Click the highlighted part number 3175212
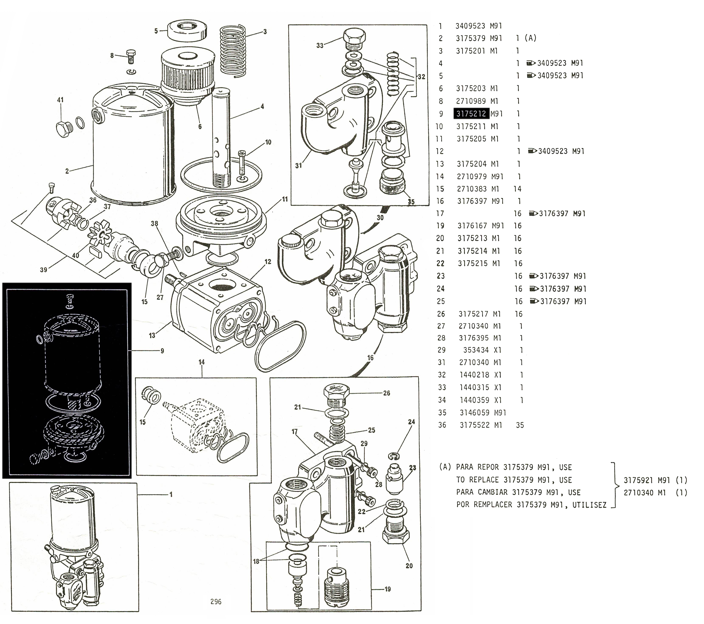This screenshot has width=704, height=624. point(471,114)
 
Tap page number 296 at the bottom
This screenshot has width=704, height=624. point(216,602)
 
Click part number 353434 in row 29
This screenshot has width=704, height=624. point(476,350)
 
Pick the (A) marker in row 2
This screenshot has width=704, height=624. point(531,38)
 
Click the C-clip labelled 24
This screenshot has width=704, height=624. point(395,456)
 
